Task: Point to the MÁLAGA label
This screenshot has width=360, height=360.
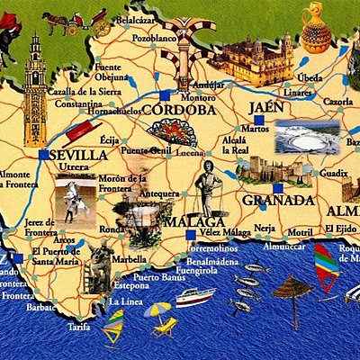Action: (x=193, y=221)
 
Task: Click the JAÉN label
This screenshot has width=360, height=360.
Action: (x=265, y=107)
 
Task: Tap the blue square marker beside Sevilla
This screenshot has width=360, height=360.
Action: (x=44, y=155)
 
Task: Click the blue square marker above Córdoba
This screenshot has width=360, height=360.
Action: (x=164, y=94)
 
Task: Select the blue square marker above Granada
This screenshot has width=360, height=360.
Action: (x=278, y=189)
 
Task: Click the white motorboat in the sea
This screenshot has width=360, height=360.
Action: (x=194, y=296)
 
